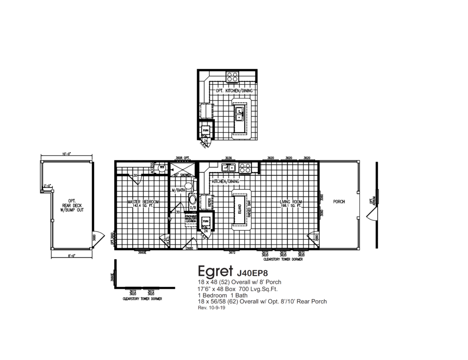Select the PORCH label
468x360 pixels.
339,201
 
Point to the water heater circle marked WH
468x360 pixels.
161,168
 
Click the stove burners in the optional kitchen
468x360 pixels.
233,76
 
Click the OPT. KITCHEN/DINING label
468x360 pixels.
234,91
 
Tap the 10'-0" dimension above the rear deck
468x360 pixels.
67,154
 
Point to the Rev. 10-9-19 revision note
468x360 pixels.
211,308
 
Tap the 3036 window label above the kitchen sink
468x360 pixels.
229,158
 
